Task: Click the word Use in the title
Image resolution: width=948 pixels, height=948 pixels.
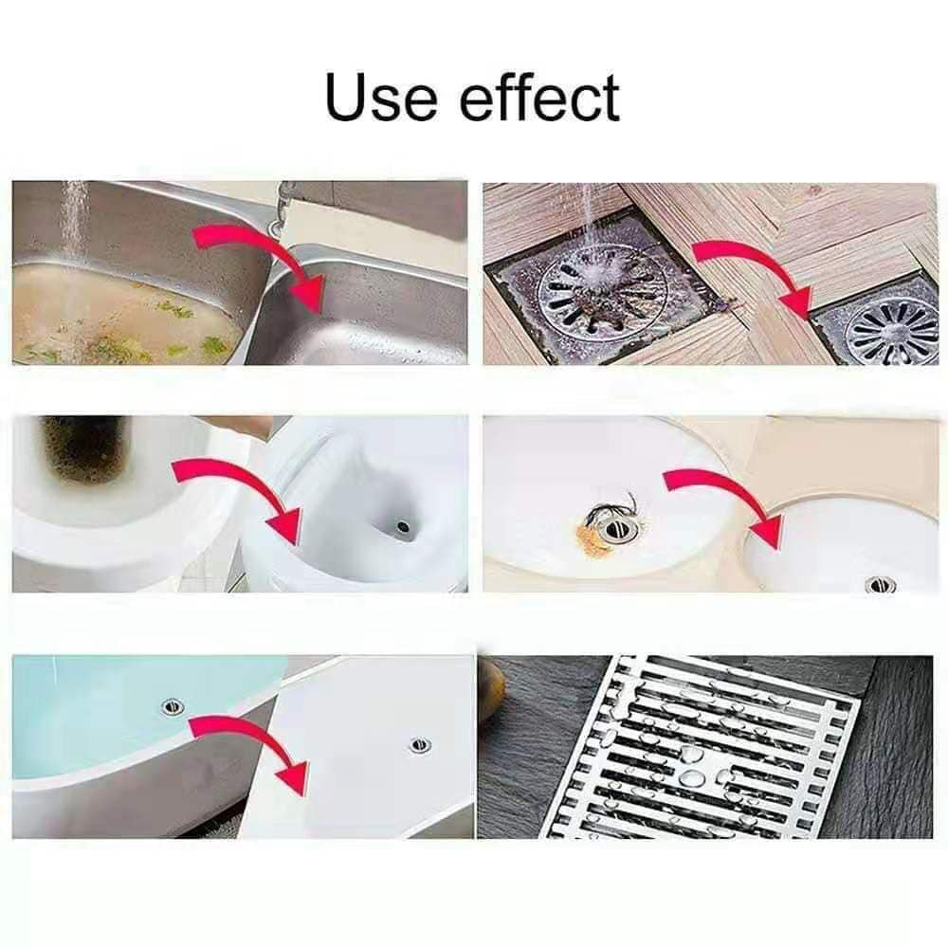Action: (x=380, y=97)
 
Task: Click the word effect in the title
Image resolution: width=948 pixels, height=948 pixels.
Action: (x=540, y=96)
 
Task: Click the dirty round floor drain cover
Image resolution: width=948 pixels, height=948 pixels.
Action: (x=602, y=291)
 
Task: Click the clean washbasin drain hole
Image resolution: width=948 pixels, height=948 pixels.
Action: (x=881, y=584)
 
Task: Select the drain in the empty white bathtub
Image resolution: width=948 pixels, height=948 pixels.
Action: (x=419, y=745)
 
